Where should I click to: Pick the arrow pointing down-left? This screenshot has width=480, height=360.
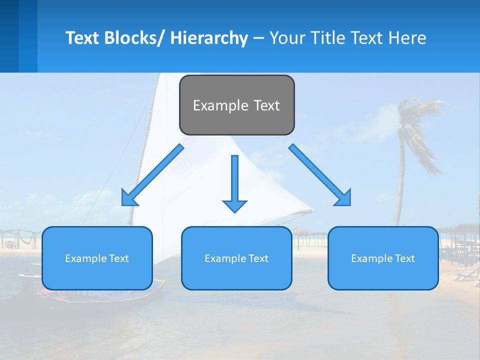click(x=152, y=175)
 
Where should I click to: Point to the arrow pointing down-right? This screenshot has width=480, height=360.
click(x=320, y=175)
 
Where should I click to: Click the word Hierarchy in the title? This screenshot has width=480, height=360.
click(x=209, y=38)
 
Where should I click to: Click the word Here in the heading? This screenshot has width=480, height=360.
click(x=407, y=38)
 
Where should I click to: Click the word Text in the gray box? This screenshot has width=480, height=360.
click(x=266, y=105)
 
